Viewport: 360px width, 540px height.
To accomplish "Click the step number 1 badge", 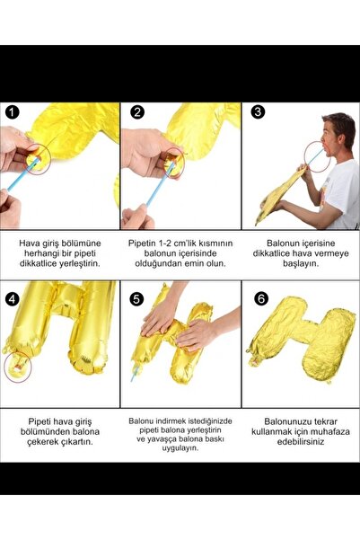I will [x=12, y=113].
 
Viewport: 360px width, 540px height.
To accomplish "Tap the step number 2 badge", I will [x=137, y=113].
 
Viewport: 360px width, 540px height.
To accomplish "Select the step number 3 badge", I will [x=259, y=113].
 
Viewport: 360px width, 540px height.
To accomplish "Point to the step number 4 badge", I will [x=12, y=297].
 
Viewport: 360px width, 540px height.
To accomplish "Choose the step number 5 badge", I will [x=137, y=297].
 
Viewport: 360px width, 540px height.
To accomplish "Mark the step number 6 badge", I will [x=259, y=297].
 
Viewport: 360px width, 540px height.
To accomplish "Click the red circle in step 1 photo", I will [x=37, y=158].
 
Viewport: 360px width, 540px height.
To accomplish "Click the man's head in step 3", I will [x=338, y=133].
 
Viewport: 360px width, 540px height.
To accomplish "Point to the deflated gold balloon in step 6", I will [x=301, y=345].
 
